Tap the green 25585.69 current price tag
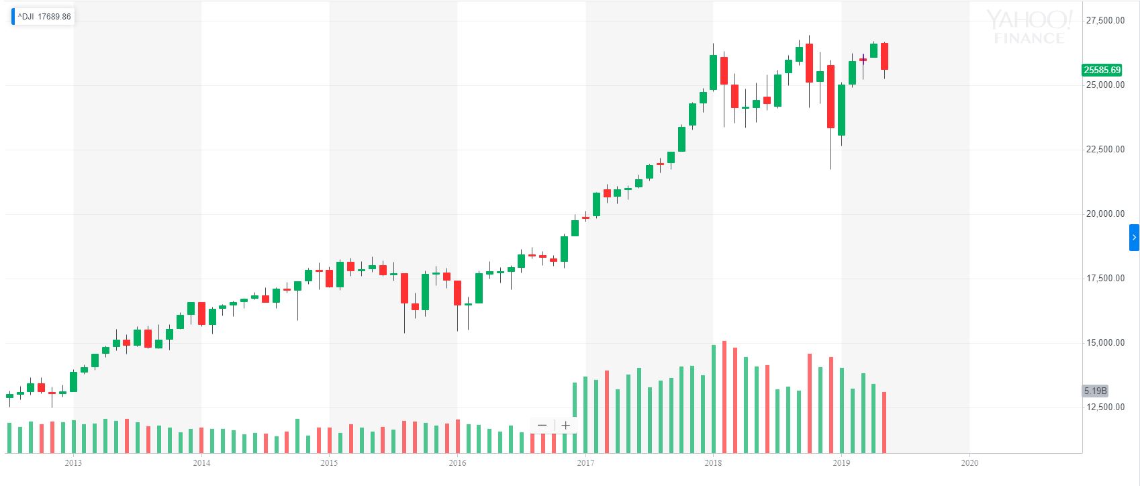(x=1102, y=70)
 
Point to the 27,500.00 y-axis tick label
(x=1105, y=21)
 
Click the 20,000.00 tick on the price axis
(x=1105, y=214)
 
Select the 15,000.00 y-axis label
(x=1105, y=343)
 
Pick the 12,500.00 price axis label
(x=1105, y=407)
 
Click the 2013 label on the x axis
(x=73, y=463)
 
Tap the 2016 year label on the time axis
(x=457, y=463)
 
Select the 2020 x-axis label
(x=969, y=463)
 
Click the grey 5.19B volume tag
(x=1095, y=391)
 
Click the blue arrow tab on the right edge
(x=1134, y=238)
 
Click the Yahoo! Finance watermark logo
(x=1029, y=28)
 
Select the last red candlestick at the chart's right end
(x=885, y=56)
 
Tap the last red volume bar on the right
(x=885, y=422)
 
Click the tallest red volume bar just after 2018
(x=724, y=397)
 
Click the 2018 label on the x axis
(x=713, y=463)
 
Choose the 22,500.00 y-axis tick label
(x=1105, y=150)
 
